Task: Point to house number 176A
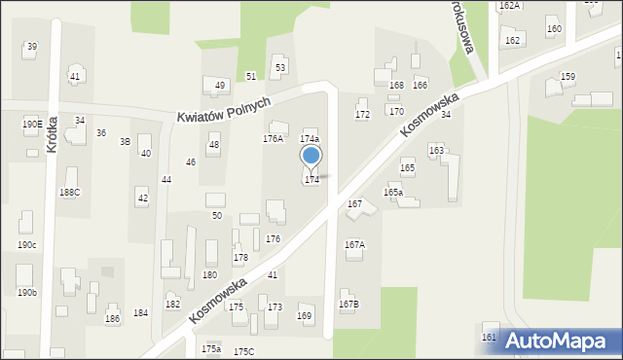[273, 139]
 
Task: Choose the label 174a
[309, 139]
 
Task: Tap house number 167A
[354, 244]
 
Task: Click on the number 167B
[348, 305]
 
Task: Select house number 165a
[392, 193]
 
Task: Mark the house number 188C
[70, 193]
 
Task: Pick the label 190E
[31, 125]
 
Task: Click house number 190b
[26, 292]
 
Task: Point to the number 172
[362, 115]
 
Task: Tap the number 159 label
[568, 77]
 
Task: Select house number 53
[280, 67]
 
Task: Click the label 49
[220, 86]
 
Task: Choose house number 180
[209, 275]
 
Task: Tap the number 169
[305, 315]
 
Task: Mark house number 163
[436, 150]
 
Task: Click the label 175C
[243, 351]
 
